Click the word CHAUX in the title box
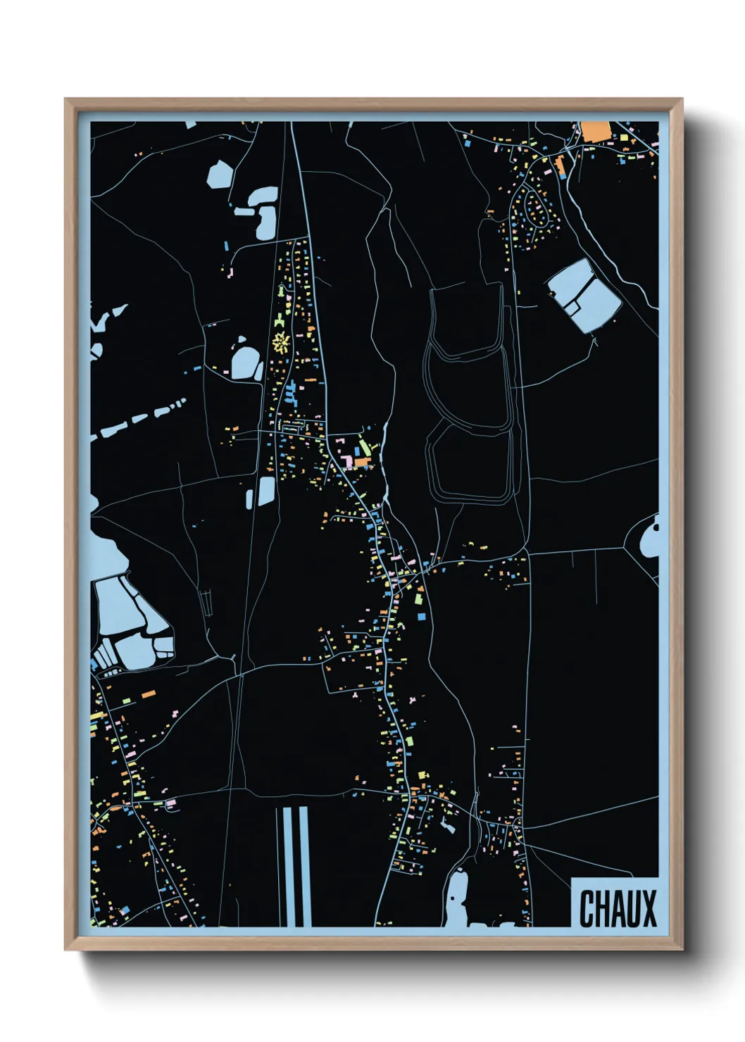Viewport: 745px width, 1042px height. pyautogui.click(x=618, y=908)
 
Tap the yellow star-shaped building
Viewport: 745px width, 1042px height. pyautogui.click(x=281, y=343)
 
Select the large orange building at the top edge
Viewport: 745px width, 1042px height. pyautogui.click(x=595, y=131)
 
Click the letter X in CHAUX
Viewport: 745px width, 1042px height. pyautogui.click(x=649, y=908)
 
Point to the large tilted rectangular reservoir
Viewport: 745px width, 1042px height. pyautogui.click(x=584, y=294)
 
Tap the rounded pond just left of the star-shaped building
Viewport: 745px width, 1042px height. pyautogui.click(x=246, y=363)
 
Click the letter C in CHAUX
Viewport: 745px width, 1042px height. pyautogui.click(x=587, y=908)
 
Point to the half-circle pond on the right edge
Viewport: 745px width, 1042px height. pyautogui.click(x=649, y=537)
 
